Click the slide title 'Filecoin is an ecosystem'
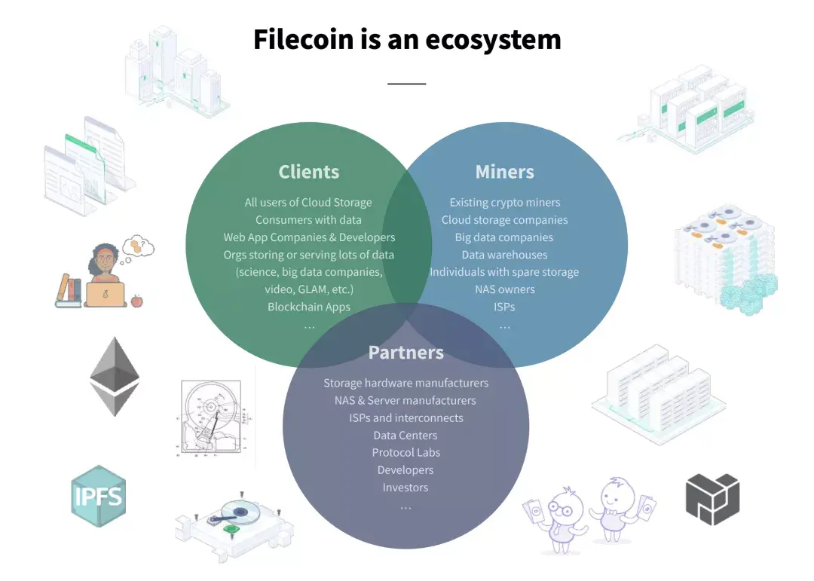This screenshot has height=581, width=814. [407, 39]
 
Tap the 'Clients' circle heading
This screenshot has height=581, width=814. [309, 172]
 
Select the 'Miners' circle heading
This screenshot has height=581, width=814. [504, 172]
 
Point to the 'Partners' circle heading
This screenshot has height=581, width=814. [405, 352]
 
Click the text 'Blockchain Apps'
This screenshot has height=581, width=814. [309, 307]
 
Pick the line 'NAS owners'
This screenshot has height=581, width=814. [504, 289]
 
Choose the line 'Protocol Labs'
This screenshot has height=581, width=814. [405, 452]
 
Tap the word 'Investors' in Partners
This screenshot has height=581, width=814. [405, 488]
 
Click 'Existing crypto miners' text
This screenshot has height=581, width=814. [504, 202]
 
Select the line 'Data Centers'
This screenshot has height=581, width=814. [405, 435]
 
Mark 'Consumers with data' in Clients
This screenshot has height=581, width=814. [309, 219]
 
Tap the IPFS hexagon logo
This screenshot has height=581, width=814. [97, 497]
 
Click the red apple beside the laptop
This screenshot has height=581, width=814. [137, 301]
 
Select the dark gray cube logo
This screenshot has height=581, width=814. [712, 498]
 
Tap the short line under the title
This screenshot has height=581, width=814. [407, 84]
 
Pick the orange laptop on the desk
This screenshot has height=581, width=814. [106, 294]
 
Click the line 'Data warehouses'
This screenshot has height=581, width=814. [504, 255]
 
